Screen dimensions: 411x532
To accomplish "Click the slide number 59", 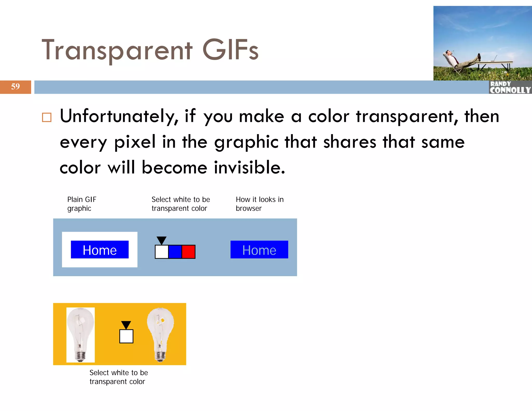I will point(15,87).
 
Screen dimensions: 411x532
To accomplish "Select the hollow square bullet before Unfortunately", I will point(47,117).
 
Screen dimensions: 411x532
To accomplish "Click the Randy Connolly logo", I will point(510,87).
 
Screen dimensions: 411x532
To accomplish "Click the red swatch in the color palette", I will point(188,252).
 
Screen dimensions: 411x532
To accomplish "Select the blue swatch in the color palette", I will point(175,252).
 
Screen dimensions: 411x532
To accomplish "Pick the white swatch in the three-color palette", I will point(162,252).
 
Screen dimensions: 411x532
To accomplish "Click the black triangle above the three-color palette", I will point(162,240).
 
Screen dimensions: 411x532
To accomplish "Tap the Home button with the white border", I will point(100,250).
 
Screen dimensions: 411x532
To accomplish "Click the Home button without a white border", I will point(259,250).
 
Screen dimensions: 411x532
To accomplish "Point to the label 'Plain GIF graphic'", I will point(82,204).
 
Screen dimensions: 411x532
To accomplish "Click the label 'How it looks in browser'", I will point(260,204).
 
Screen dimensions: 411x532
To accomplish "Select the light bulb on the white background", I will point(81,335).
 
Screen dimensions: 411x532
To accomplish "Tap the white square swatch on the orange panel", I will point(126,336).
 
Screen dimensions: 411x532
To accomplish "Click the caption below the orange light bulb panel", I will point(118,377).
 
